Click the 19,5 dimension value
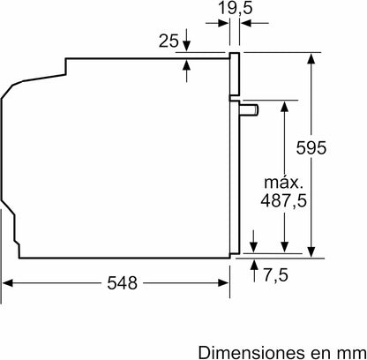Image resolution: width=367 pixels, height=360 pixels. (x=235, y=8)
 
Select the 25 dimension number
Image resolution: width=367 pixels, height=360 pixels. (x=169, y=41)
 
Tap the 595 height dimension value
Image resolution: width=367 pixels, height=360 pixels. (x=311, y=147)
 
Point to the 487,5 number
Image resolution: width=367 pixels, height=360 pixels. (x=284, y=201)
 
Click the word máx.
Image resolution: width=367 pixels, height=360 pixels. (x=283, y=183)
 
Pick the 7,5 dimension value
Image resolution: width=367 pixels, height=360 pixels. (x=275, y=275)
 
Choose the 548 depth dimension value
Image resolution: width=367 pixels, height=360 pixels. (x=122, y=283)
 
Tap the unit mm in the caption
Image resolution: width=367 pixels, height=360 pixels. (x=351, y=353)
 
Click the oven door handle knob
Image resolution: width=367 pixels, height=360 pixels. (x=250, y=109)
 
